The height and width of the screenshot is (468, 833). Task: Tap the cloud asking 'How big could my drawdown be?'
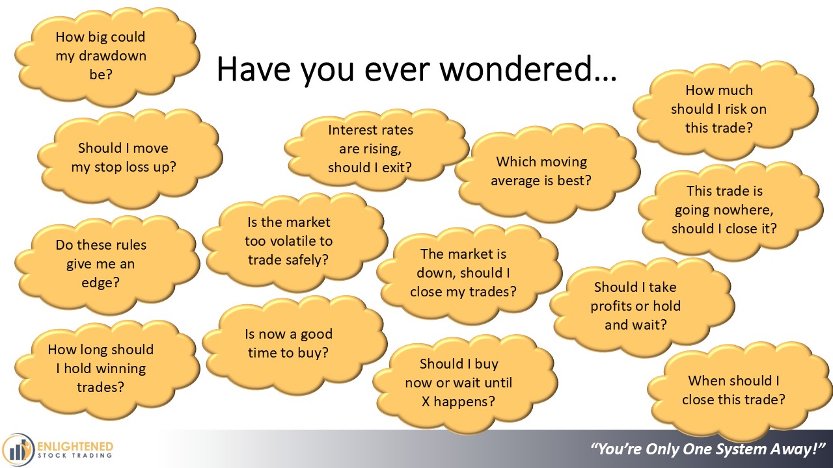coord(107,57)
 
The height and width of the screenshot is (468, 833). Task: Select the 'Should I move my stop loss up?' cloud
coord(130,159)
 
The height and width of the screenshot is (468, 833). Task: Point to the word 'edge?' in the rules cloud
coord(100,283)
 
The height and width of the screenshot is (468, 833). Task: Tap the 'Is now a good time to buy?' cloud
coord(295,344)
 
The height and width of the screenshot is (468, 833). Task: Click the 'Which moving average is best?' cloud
coord(547,173)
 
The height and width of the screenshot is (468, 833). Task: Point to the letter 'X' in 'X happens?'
coord(426,402)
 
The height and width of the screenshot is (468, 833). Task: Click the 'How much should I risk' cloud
coord(726,110)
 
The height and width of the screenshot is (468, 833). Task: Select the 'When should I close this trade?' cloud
coord(740,391)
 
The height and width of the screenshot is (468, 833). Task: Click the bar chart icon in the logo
coord(17,450)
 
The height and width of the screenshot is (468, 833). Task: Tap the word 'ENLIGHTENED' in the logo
coord(75,446)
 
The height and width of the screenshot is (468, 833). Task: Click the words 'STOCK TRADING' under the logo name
coord(75,456)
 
